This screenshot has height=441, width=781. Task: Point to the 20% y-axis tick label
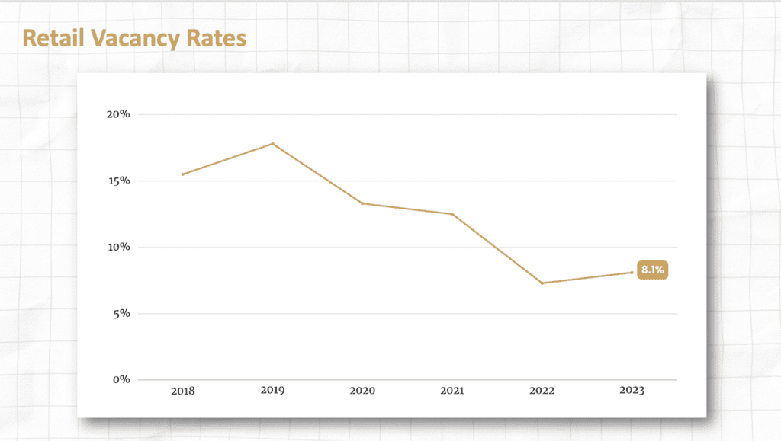[x=118, y=114]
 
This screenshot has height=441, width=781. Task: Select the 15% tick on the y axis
[x=118, y=181]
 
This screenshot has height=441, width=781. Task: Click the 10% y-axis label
[x=118, y=248]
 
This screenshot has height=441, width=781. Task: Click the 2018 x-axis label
[x=183, y=391]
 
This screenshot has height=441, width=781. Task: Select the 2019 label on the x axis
[x=272, y=391]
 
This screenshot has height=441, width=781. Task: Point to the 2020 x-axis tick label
[x=362, y=391]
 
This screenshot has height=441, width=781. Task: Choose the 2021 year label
[x=452, y=391]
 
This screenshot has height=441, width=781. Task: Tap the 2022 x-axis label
[x=542, y=391]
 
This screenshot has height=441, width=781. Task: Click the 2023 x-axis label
[x=632, y=391]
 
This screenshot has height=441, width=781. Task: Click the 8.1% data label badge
[x=651, y=270]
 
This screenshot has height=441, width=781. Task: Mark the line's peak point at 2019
[x=272, y=143]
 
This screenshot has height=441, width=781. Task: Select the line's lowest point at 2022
[x=542, y=283]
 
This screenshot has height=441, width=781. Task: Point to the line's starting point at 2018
[x=183, y=174]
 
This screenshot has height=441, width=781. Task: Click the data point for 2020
[x=362, y=203]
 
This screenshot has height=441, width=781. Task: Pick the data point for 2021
[x=452, y=214]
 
